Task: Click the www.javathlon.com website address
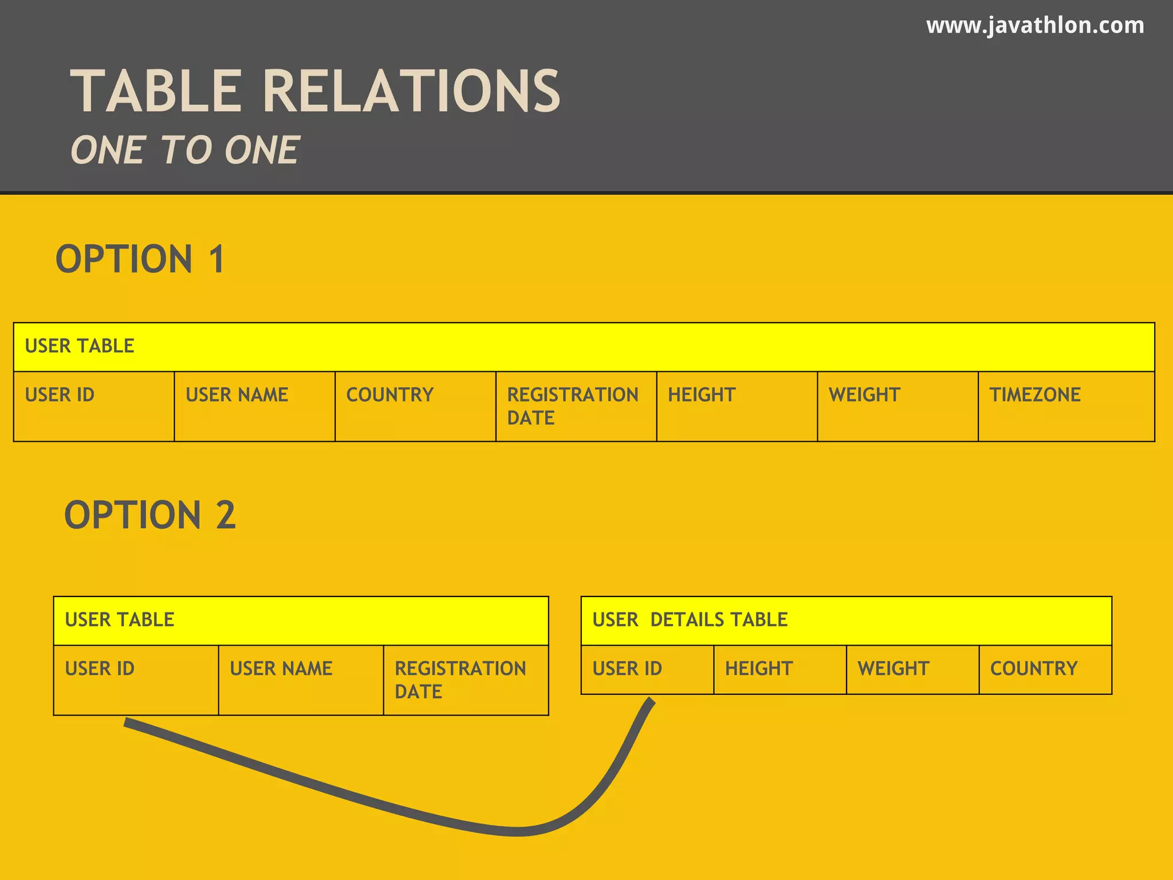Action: pos(1035,26)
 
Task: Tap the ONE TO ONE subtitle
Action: pos(184,150)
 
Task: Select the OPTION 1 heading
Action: pos(140,259)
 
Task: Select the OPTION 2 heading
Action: pos(149,514)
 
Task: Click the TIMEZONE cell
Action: pos(1035,395)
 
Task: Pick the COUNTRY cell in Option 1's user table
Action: pos(389,395)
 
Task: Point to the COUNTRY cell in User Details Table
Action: pos(1033,669)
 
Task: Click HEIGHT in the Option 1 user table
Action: pos(701,395)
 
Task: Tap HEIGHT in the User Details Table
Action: pos(758,669)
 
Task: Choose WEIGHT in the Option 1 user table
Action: pos(864,395)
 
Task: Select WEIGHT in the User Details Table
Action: pos(893,669)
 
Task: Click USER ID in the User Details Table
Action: pos(627,669)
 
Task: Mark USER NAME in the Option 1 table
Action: pos(237,395)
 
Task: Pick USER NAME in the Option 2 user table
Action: pos(281,669)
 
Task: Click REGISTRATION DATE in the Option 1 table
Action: pos(572,406)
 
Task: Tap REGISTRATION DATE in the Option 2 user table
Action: pos(460,679)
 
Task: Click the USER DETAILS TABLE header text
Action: pos(690,620)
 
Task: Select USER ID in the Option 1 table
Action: pos(60,395)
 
